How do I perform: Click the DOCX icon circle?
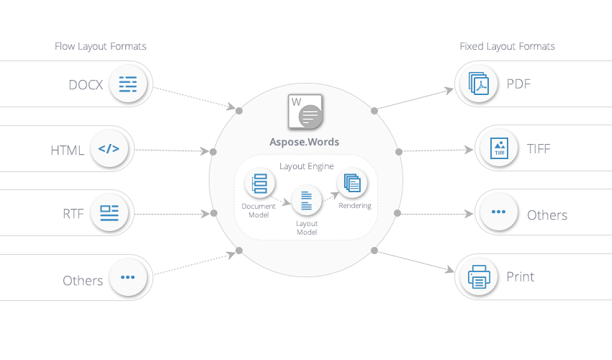128,84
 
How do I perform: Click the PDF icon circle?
479,84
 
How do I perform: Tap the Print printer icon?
479,276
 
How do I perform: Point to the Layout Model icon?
307,200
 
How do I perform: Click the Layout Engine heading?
305,166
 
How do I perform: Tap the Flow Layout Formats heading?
101,47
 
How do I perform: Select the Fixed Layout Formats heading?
508,47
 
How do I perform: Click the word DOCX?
86,85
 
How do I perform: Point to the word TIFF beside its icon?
539,149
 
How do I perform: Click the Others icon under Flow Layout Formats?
128,277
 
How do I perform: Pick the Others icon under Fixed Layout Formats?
498,213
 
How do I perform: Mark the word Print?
521,277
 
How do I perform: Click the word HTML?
68,150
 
